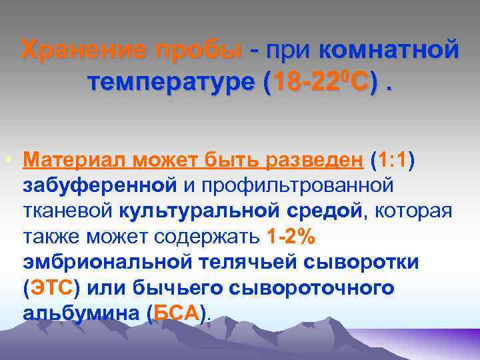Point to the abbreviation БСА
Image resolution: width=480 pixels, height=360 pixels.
177,313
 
